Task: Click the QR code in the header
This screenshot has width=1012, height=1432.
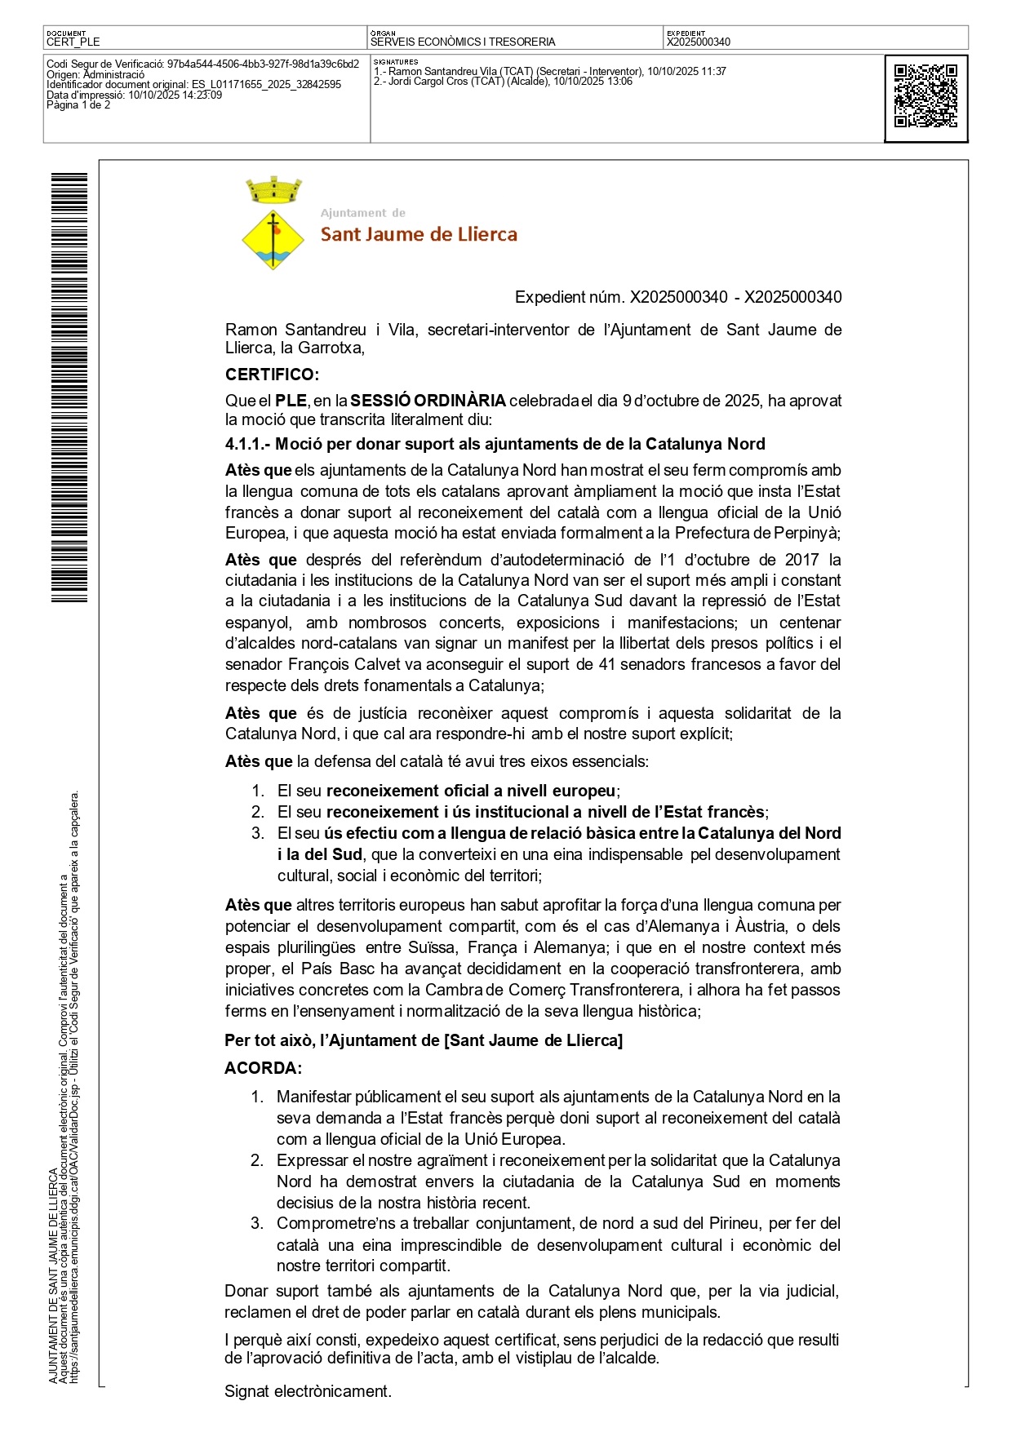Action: [925, 96]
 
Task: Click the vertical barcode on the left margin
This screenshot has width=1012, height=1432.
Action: [69, 388]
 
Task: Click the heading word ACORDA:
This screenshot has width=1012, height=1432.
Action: [263, 1068]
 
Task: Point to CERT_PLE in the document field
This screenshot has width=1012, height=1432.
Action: [73, 42]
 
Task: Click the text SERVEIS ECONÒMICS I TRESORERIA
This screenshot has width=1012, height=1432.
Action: [463, 42]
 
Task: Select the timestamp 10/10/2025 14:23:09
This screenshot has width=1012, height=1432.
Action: [175, 95]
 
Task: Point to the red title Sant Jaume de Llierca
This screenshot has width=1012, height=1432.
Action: [419, 235]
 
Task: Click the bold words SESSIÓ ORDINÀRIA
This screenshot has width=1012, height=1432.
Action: [428, 401]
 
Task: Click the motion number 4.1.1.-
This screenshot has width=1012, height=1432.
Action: [247, 444]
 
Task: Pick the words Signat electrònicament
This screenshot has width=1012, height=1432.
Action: [308, 1391]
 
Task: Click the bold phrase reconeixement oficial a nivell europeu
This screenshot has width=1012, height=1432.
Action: [471, 791]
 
